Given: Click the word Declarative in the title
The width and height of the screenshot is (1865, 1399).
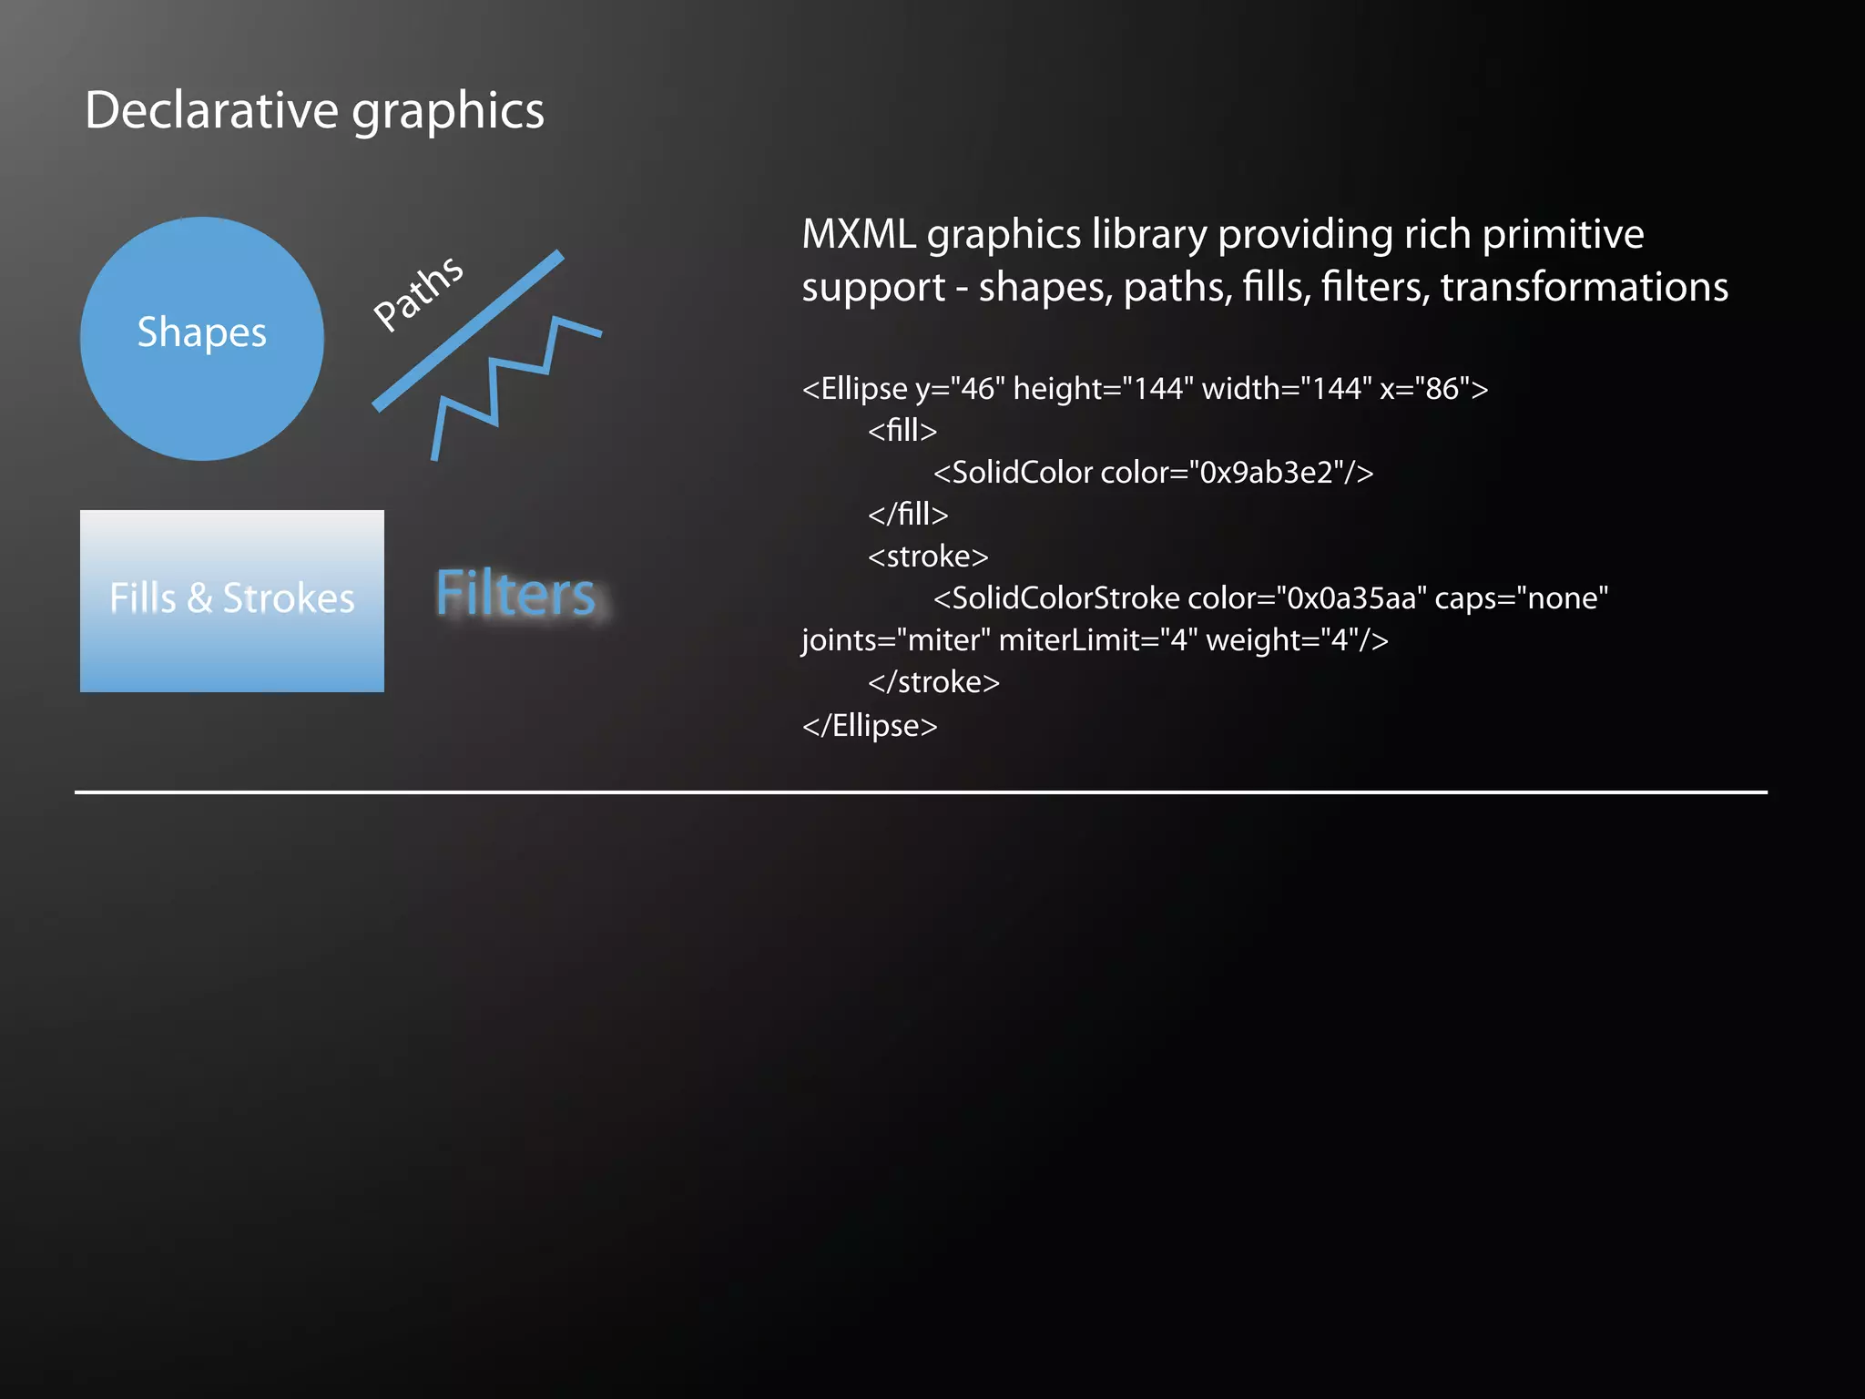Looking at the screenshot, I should [x=211, y=111].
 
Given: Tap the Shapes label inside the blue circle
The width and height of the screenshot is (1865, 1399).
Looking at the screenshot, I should [x=201, y=332].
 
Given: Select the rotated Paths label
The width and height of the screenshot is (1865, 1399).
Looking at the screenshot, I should [x=419, y=292].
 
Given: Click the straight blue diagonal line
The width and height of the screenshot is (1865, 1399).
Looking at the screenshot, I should [x=468, y=331].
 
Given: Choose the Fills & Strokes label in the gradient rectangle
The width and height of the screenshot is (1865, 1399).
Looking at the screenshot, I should [x=232, y=598].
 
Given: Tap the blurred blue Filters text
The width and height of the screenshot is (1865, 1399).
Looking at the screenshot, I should [x=515, y=594].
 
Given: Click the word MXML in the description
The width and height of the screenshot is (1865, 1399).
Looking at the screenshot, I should [x=858, y=235].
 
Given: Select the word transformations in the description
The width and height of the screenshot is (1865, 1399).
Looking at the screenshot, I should [x=1584, y=288].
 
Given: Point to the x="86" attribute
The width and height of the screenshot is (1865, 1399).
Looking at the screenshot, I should [x=1424, y=389].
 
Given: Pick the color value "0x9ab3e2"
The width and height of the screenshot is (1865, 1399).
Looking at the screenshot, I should [x=1269, y=473].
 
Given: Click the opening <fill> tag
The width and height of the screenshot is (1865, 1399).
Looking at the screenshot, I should [x=902, y=431].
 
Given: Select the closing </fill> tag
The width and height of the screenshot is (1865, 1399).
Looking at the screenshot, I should [x=907, y=515].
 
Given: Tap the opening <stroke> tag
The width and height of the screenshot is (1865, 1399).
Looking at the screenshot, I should [x=927, y=557].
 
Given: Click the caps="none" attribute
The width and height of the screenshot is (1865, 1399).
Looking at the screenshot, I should [x=1521, y=598].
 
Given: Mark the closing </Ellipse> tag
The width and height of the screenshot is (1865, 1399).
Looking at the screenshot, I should [x=869, y=726].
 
